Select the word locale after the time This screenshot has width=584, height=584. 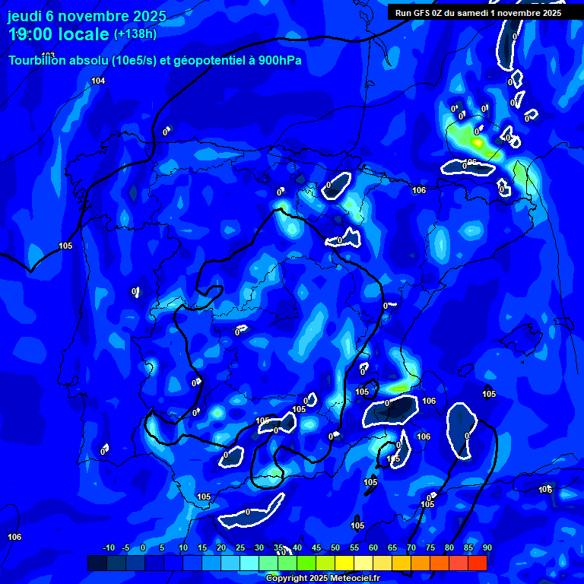(x=84, y=34)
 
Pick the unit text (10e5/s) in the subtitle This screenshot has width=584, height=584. (x=137, y=61)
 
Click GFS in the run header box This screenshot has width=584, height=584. (x=421, y=13)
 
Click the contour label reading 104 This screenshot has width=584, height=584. (x=98, y=81)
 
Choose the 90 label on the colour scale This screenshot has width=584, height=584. (x=487, y=548)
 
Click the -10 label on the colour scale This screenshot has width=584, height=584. (x=108, y=548)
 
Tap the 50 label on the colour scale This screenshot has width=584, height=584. (x=335, y=548)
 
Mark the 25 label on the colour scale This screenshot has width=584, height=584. (x=240, y=548)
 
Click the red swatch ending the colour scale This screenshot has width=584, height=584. (x=478, y=563)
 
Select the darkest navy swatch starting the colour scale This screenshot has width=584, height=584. (x=97, y=563)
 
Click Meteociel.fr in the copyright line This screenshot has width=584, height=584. (x=354, y=579)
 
